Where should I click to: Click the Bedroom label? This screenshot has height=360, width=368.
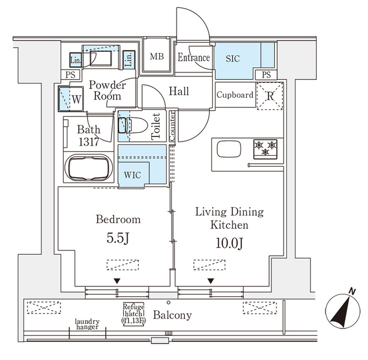tap(118, 220)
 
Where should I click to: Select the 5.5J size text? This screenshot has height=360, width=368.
tap(118, 238)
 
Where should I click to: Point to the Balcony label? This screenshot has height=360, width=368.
tap(172, 315)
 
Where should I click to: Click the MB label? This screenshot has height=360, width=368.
tap(156, 56)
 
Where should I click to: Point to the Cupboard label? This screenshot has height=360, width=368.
tap(235, 95)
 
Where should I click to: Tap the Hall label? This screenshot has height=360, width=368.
tap(179, 91)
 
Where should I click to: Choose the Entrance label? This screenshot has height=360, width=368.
tap(193, 58)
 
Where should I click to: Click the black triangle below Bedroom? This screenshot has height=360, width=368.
tap(117, 281)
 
